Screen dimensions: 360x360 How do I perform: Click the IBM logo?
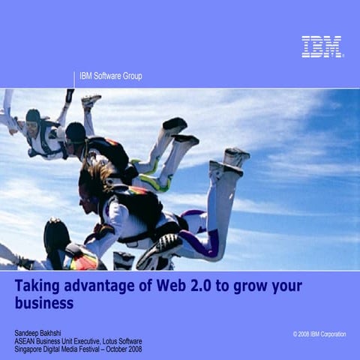322,46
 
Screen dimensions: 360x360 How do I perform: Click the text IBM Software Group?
110,76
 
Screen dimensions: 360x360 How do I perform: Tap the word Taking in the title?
39,286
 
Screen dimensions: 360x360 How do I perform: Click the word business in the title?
44,303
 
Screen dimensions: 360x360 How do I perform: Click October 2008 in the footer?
124,349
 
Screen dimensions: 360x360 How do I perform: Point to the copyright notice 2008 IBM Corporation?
320,334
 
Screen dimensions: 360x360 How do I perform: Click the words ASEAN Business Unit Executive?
54,341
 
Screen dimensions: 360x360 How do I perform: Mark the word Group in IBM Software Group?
131,76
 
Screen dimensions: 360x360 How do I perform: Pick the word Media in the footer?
69,349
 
